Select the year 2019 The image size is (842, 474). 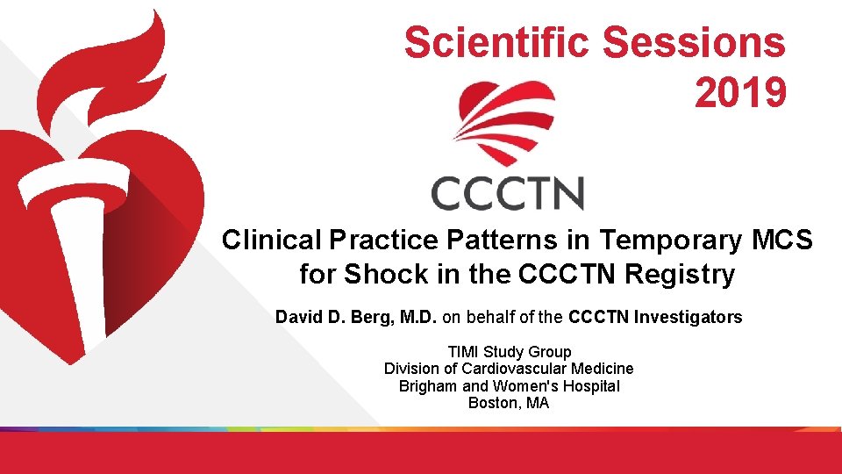click(x=740, y=92)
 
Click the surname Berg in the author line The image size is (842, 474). click(x=364, y=318)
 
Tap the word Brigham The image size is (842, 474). click(x=428, y=387)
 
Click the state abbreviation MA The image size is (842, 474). click(x=538, y=404)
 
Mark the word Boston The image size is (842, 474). click(x=494, y=404)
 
